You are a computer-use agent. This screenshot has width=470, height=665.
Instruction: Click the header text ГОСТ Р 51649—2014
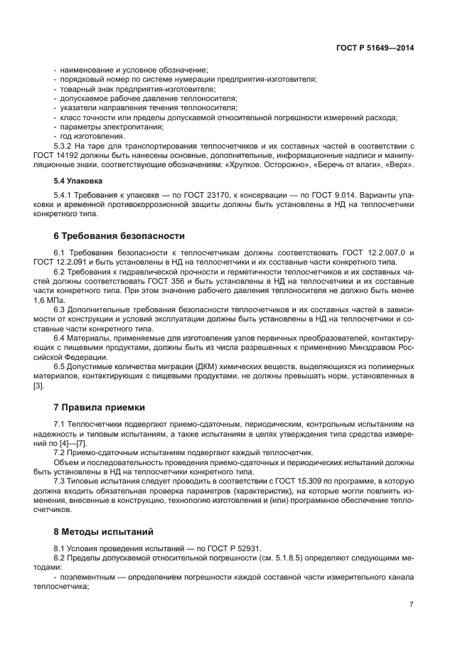[x=375, y=48]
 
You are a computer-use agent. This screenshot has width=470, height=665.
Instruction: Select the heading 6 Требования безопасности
[x=119, y=236]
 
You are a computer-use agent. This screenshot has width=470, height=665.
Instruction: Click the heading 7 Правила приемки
[x=99, y=408]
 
